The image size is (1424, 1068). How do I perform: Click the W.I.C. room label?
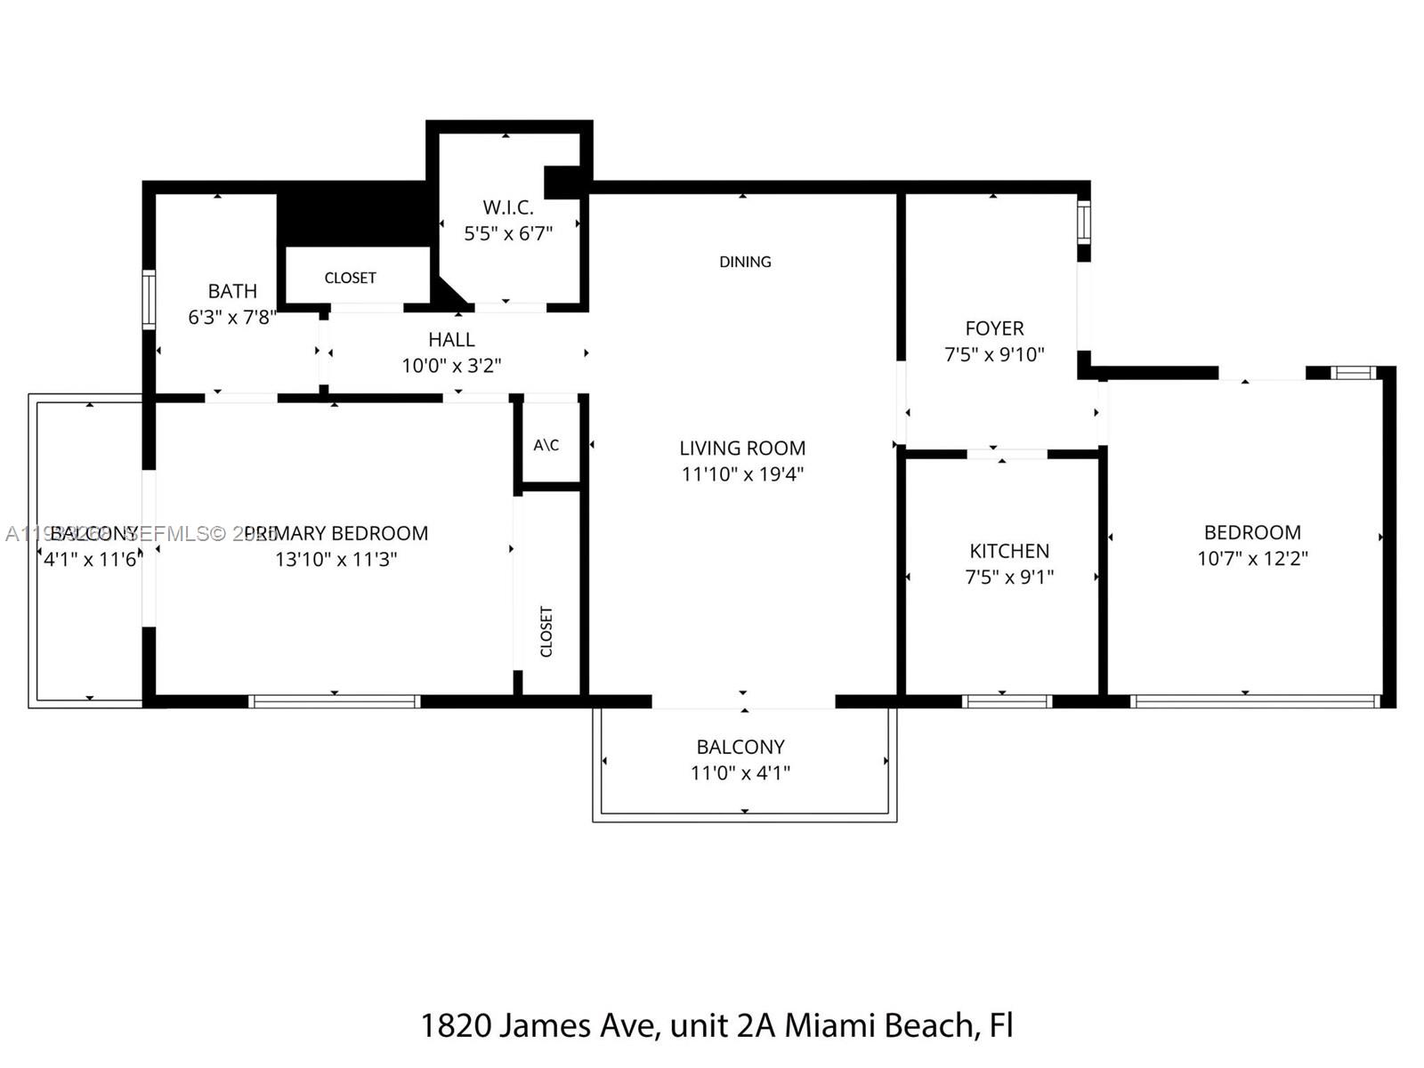point(508,207)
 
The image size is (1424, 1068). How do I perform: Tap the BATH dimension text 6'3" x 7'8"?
point(232,317)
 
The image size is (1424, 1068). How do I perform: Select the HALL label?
point(451,339)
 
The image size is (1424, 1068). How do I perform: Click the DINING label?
point(745,262)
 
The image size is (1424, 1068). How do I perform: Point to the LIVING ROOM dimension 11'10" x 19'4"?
point(742,473)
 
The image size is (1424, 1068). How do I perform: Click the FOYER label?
point(994,328)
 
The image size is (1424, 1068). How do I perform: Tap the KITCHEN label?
point(1009,551)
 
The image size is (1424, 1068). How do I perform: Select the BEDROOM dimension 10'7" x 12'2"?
point(1252,558)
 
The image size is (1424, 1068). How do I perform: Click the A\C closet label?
point(546,445)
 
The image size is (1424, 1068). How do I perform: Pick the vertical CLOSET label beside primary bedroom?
point(546,631)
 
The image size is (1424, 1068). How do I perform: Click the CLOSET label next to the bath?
point(350,278)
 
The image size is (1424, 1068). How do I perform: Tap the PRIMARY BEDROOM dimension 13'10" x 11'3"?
point(336,559)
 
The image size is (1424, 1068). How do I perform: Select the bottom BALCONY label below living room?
point(740,747)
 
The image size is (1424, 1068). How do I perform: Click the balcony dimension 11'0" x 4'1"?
point(740,773)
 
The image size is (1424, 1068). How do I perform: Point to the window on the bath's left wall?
point(149,300)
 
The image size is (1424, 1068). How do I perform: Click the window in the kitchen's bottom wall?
point(1007,701)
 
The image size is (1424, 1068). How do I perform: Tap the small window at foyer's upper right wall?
point(1083,222)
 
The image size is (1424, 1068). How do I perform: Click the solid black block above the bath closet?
point(352,214)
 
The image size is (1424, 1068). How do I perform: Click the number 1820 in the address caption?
point(455,1025)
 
